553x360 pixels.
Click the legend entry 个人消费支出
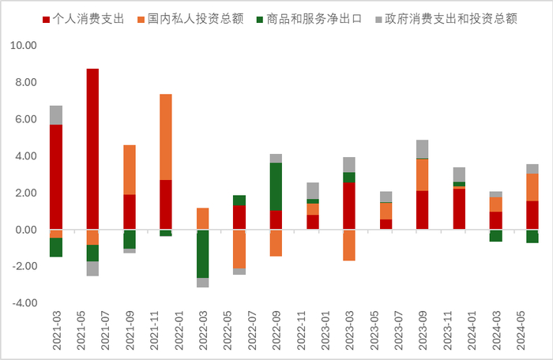[87, 17]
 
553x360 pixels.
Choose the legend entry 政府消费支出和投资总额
[446, 17]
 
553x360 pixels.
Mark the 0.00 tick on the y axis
[24, 230]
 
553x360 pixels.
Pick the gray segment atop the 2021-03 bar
[56, 115]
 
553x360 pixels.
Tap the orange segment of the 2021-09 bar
[130, 170]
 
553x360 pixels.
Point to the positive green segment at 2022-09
[276, 186]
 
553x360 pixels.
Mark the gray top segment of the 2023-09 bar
[423, 149]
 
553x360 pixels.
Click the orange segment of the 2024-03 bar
[495, 204]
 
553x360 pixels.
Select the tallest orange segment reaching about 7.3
[166, 137]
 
